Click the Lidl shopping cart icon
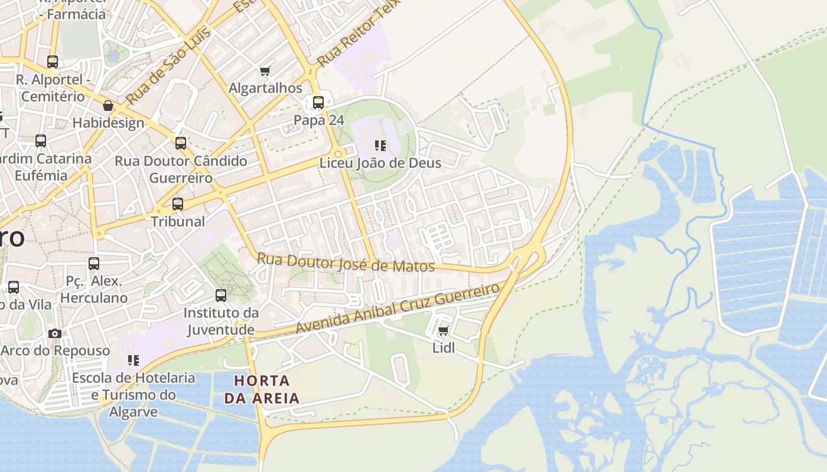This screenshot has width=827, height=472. coord(444,330)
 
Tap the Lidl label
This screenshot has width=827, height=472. coord(444,348)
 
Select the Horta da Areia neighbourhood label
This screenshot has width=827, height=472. coord(262,389)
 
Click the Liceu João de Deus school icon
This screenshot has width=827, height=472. coord(380,145)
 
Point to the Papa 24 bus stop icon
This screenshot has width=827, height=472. coord(318,103)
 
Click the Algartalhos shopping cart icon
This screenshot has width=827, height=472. coord(265,71)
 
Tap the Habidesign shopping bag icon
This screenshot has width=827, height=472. coord(108,106)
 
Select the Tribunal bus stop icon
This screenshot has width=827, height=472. coord(178,204)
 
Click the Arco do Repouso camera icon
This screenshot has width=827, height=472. coord(55,333)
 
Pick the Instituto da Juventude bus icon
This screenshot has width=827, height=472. coord(221,295)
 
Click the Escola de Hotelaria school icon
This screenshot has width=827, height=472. coord(134,360)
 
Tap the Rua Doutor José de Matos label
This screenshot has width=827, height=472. coord(346,263)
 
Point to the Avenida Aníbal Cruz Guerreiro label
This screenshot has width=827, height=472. coord(398,309)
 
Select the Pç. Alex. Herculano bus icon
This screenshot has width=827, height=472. coord(94,264)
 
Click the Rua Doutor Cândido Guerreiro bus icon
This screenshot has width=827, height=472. coord(181,143)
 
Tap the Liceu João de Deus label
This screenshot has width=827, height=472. coord(380,163)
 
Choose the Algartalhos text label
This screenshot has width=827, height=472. coord(265,88)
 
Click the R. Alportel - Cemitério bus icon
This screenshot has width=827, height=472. coord(53,62)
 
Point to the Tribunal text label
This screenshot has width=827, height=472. coord(178,222)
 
